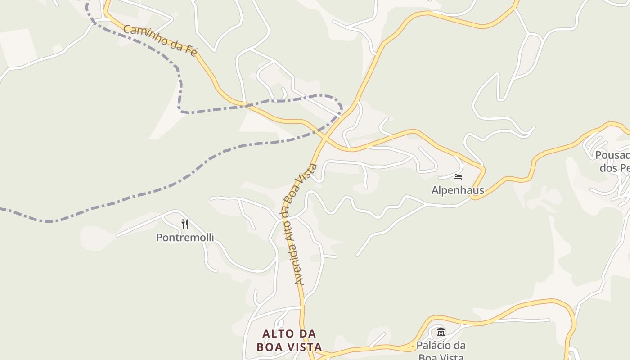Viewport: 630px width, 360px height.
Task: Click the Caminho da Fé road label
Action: coord(160,40)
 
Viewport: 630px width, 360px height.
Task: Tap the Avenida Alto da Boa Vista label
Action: coord(300,224)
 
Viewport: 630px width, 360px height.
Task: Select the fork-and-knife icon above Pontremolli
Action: coord(184,224)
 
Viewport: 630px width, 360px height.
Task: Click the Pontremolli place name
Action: coord(185,237)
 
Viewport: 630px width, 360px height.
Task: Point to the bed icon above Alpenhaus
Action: coord(458,176)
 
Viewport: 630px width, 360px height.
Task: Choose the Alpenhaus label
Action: coord(458,190)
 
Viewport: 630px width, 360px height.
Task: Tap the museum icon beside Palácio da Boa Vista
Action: coord(441,332)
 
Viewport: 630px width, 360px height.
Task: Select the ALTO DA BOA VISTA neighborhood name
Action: coord(289,340)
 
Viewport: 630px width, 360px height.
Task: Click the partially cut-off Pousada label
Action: coord(612,162)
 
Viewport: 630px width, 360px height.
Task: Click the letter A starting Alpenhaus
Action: coord(435,190)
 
